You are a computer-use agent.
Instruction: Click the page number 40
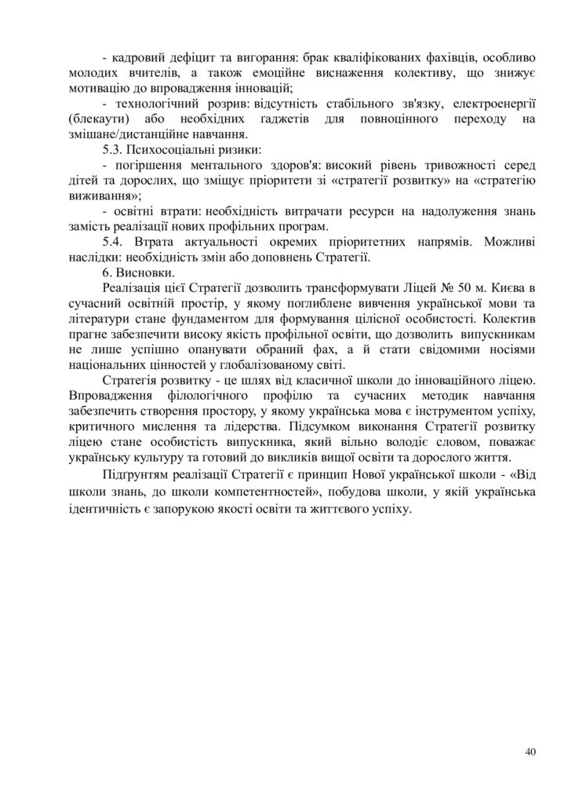(530, 752)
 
